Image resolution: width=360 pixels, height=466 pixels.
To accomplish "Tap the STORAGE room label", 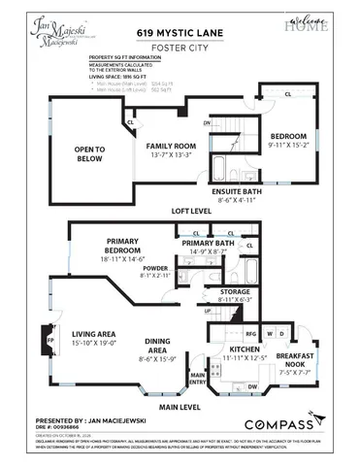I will click(x=234, y=290).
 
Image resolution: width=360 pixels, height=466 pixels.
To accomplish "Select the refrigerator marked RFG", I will click(x=223, y=332).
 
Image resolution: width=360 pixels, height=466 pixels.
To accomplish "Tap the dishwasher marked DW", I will click(x=251, y=386).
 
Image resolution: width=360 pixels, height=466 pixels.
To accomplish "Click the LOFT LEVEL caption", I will click(x=190, y=210).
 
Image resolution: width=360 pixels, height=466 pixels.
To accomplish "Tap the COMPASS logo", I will click(x=278, y=424).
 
